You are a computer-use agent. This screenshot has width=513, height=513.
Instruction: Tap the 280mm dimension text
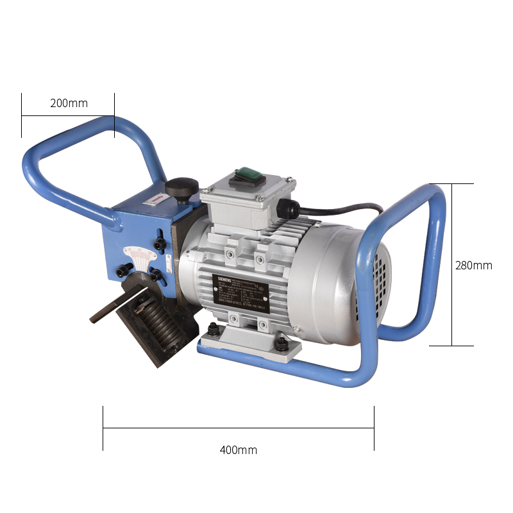click(x=473, y=265)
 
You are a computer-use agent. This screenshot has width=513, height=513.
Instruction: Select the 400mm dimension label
click(x=238, y=450)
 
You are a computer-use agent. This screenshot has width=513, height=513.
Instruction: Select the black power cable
click(x=346, y=209)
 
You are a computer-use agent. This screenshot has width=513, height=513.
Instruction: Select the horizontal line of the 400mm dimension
click(x=238, y=427)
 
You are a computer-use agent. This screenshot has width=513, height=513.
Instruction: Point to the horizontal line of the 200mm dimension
click(x=68, y=116)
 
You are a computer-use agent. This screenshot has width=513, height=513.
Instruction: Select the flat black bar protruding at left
click(x=110, y=309)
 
